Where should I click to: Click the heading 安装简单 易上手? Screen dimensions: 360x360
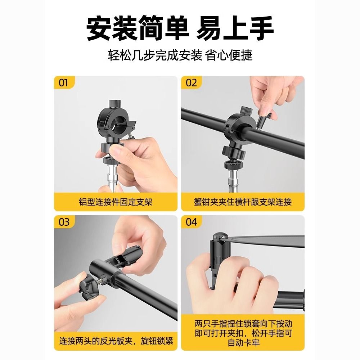coord(180,28)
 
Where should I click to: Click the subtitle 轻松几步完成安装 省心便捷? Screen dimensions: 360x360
coord(180,55)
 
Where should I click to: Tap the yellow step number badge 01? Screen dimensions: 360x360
coord(64,83)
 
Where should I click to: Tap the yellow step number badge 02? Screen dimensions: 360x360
coord(192,83)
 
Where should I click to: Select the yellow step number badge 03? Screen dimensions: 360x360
coord(64,222)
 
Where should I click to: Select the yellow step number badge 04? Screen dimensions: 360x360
coord(192,222)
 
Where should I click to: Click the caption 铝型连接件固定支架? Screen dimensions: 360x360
coord(116,202)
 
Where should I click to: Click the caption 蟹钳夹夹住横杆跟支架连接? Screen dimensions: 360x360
coord(243,202)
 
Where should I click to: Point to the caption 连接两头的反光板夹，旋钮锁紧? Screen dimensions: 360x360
coord(116,341)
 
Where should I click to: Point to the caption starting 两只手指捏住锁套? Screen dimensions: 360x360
coord(243,333)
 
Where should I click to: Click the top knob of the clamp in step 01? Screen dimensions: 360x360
coord(115,103)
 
